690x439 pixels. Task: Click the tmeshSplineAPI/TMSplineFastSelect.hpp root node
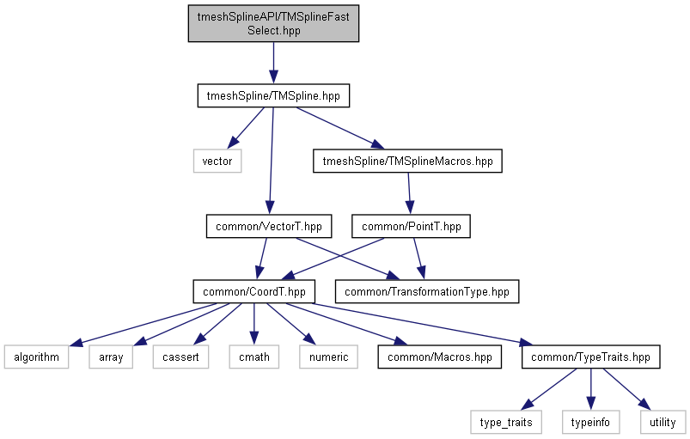click(273, 22)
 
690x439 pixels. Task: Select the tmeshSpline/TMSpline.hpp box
click(273, 96)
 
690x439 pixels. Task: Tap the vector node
click(217, 161)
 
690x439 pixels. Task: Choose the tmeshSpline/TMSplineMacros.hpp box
click(407, 161)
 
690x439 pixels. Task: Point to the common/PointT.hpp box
click(412, 227)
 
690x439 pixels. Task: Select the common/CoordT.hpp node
click(253, 291)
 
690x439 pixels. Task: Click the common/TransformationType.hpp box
click(427, 291)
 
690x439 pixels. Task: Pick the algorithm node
click(36, 357)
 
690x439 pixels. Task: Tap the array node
click(111, 357)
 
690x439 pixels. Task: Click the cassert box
click(181, 357)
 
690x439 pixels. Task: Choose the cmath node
click(253, 357)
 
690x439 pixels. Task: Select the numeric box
click(327, 357)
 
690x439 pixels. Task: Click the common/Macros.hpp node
click(439, 357)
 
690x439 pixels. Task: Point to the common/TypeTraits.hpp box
click(590, 357)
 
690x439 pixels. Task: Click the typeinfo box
click(590, 422)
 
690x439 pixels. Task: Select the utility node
click(663, 422)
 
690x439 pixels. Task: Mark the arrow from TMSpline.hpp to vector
click(244, 128)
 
